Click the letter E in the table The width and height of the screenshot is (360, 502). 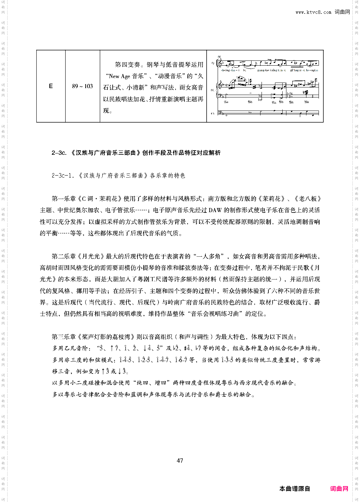51,86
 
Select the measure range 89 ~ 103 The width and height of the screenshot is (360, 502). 83,86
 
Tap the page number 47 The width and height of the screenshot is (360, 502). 180,460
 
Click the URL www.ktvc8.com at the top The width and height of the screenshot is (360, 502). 313,12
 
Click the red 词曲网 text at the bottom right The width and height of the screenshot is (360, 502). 339,489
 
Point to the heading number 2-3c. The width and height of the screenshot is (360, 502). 59,153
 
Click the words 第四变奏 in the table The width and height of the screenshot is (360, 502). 127,65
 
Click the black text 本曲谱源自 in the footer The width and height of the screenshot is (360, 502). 295,489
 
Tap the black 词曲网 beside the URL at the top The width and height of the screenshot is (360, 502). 342,12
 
